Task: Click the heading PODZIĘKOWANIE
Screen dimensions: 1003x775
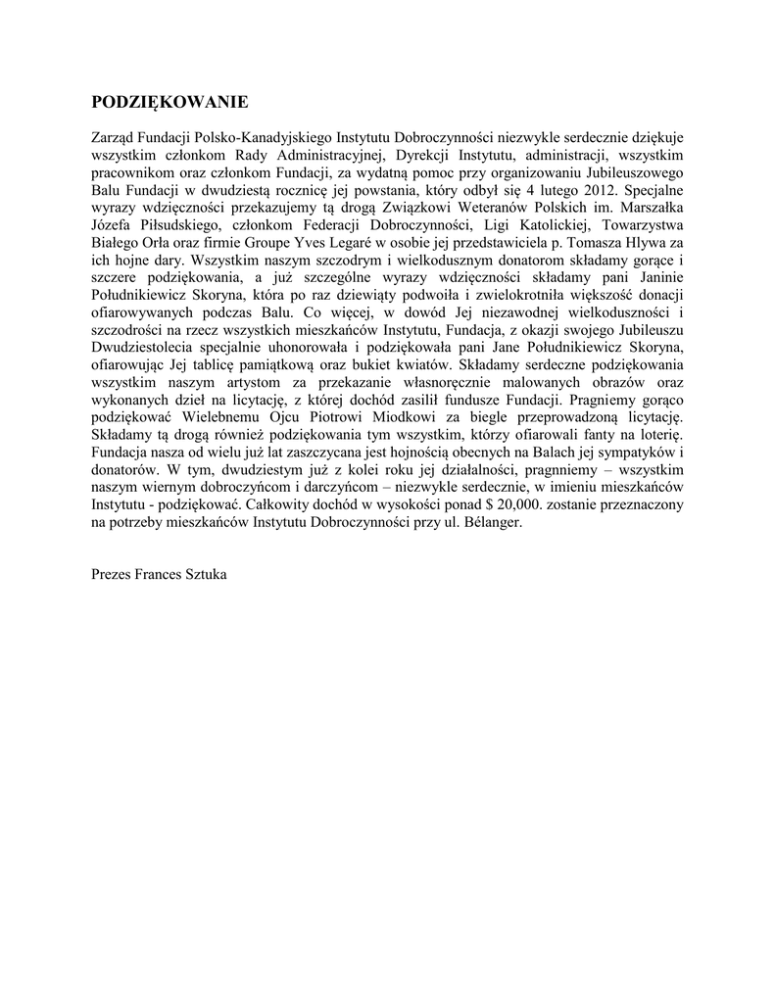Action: pos(170,102)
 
